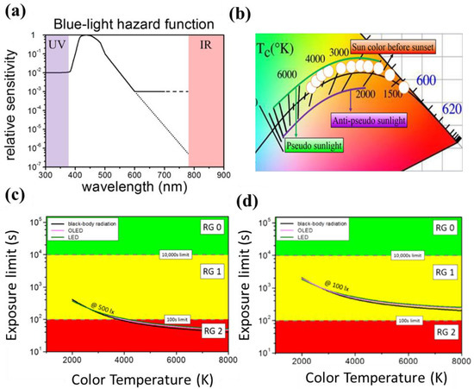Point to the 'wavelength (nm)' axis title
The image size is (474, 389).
click(x=136, y=186)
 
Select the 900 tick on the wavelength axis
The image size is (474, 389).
click(x=222, y=173)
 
